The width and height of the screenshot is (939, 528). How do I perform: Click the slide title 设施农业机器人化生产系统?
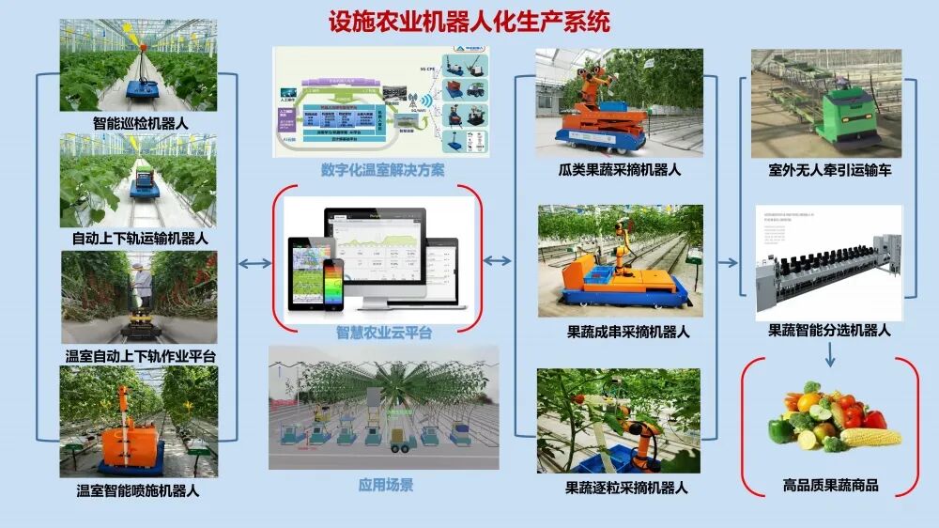point(469,22)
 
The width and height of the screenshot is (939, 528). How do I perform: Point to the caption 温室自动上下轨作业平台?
point(140,356)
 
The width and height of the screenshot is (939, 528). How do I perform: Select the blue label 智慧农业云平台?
point(384,333)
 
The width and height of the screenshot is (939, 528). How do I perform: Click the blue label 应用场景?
point(385,485)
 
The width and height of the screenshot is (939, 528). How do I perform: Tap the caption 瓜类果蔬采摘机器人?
point(619,171)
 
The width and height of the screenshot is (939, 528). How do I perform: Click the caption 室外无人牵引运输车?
point(825,171)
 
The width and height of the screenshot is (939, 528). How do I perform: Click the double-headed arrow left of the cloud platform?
point(254,263)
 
